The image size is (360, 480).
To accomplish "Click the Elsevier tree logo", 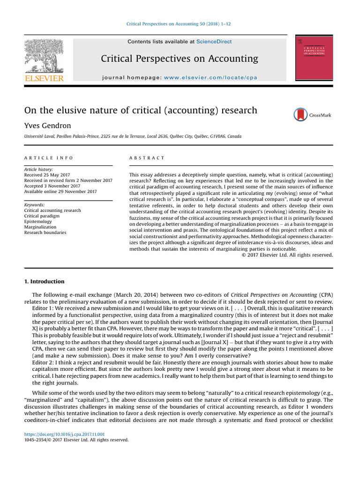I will point(44,56).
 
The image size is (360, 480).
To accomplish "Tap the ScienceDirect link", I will point(214,42).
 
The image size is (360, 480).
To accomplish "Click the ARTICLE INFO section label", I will point(49,158).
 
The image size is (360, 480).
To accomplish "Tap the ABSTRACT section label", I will point(147,158).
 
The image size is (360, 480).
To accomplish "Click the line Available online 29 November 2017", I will point(60,191).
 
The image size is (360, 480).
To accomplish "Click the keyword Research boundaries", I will point(45,232).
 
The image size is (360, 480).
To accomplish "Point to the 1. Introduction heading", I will point(44,282).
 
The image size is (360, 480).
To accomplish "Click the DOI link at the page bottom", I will point(64,435).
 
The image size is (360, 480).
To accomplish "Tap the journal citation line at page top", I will point(180,24).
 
